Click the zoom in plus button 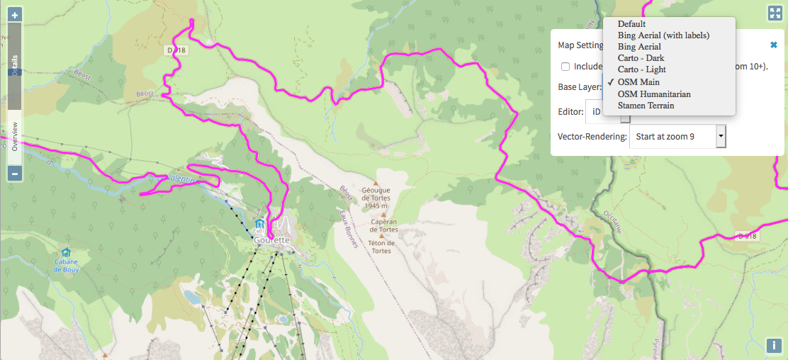coord(15,15)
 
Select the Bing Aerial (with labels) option coord(663,35)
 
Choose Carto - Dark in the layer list coord(641,58)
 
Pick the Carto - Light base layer coord(641,69)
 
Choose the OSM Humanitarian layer coord(653,94)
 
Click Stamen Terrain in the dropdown coord(646,106)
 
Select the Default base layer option coord(631,24)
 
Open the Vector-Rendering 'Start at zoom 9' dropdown coord(679,136)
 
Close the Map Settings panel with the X coord(774,45)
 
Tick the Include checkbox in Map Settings coord(565,67)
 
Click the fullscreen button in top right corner coord(774,13)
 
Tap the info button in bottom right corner coord(774,346)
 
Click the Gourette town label coord(272,240)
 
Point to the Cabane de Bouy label coord(65,265)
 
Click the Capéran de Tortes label coord(383,225)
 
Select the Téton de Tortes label coord(380,246)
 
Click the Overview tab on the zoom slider coord(14,137)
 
